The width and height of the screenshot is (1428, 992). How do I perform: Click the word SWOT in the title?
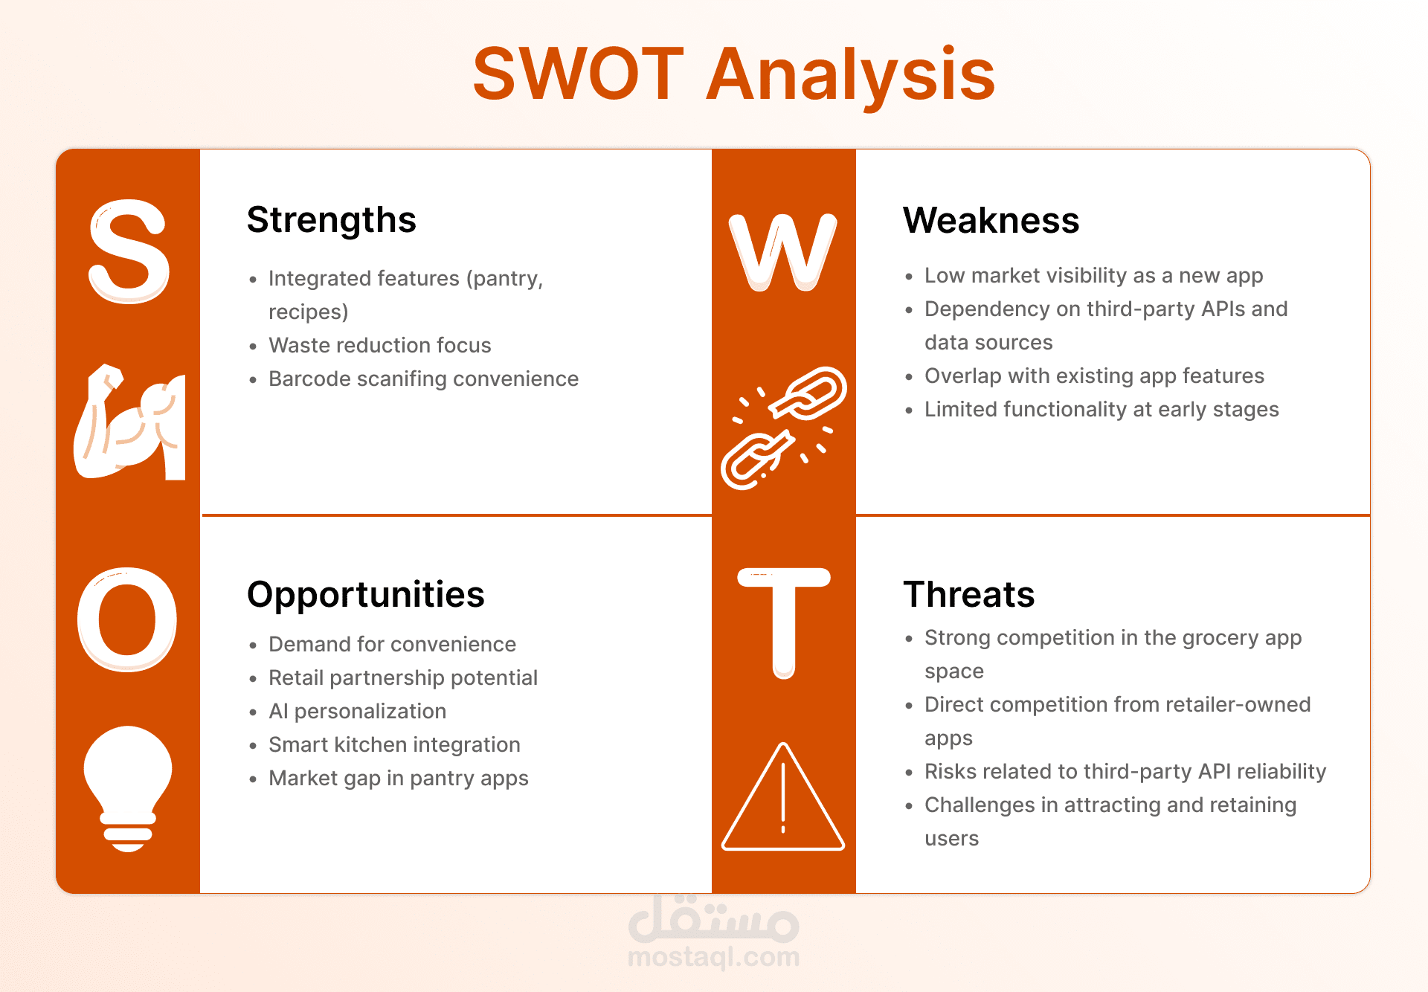[578, 74]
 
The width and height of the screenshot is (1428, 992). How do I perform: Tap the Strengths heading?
[332, 221]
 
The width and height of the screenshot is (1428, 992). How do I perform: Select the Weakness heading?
[991, 220]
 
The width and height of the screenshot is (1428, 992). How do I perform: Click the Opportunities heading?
[366, 595]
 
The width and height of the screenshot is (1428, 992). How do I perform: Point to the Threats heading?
[969, 594]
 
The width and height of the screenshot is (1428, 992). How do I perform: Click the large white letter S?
[129, 251]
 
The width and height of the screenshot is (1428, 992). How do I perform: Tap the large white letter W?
[783, 252]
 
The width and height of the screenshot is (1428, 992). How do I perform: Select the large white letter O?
[127, 619]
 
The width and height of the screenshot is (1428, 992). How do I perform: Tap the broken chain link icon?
[784, 428]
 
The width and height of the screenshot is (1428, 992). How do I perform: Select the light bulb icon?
[128, 788]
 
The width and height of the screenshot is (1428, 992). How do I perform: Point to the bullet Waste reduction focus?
[379, 345]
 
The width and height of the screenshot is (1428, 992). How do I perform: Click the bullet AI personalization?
[357, 711]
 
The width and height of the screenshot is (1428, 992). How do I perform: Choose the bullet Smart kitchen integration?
[394, 744]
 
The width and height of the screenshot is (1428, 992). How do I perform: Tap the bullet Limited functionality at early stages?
[1101, 409]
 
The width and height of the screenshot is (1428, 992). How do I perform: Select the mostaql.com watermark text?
[714, 956]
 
